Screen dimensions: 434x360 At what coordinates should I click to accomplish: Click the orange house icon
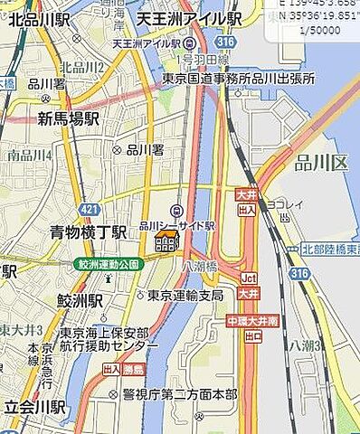(166, 241)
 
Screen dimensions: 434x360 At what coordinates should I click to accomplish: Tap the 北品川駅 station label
(37, 19)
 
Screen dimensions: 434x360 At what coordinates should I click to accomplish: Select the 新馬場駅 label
(68, 118)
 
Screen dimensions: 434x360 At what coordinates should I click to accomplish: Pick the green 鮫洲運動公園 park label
(108, 263)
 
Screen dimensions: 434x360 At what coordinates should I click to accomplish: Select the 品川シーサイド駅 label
(176, 224)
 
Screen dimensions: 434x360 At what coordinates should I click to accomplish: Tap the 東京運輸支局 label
(185, 295)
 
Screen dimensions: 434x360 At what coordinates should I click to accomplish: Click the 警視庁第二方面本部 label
(179, 394)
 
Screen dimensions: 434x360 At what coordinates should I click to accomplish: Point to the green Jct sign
(249, 278)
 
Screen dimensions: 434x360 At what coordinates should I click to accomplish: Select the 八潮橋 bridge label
(195, 267)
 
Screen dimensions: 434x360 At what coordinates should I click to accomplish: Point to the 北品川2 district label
(82, 67)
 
